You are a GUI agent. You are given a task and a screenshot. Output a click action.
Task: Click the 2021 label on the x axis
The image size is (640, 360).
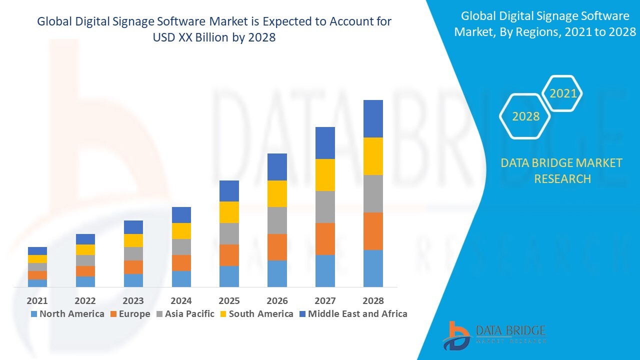coord(37,300)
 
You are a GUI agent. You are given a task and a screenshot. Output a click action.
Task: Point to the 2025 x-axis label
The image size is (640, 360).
coord(229,300)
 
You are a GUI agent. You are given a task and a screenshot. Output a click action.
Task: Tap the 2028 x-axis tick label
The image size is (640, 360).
coord(373,300)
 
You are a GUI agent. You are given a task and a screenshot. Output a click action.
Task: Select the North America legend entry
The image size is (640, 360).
coord(67,314)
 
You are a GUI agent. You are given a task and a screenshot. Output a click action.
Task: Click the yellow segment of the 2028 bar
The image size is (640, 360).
coord(373,156)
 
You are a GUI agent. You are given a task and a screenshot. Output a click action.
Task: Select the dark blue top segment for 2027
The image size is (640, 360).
coord(325,143)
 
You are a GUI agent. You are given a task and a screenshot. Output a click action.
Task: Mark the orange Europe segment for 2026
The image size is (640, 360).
coord(277,247)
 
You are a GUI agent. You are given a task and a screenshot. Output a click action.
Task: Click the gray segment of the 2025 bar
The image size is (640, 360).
coord(229,233)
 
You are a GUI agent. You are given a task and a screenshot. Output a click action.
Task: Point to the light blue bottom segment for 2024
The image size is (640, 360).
coord(181,278)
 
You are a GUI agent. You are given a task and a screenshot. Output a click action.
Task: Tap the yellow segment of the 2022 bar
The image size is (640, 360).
coord(85,249)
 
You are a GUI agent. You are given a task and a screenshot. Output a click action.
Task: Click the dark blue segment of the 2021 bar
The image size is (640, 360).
coord(37,251)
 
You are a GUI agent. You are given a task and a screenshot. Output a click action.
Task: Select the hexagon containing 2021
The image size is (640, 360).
coord(563,93)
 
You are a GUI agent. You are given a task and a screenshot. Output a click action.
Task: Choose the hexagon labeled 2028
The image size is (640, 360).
coord(525,116)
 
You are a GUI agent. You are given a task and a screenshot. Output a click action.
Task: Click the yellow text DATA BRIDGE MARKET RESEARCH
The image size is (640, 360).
coord(562,170)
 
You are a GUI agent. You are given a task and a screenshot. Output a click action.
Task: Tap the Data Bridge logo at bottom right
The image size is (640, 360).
coord(493,335)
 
